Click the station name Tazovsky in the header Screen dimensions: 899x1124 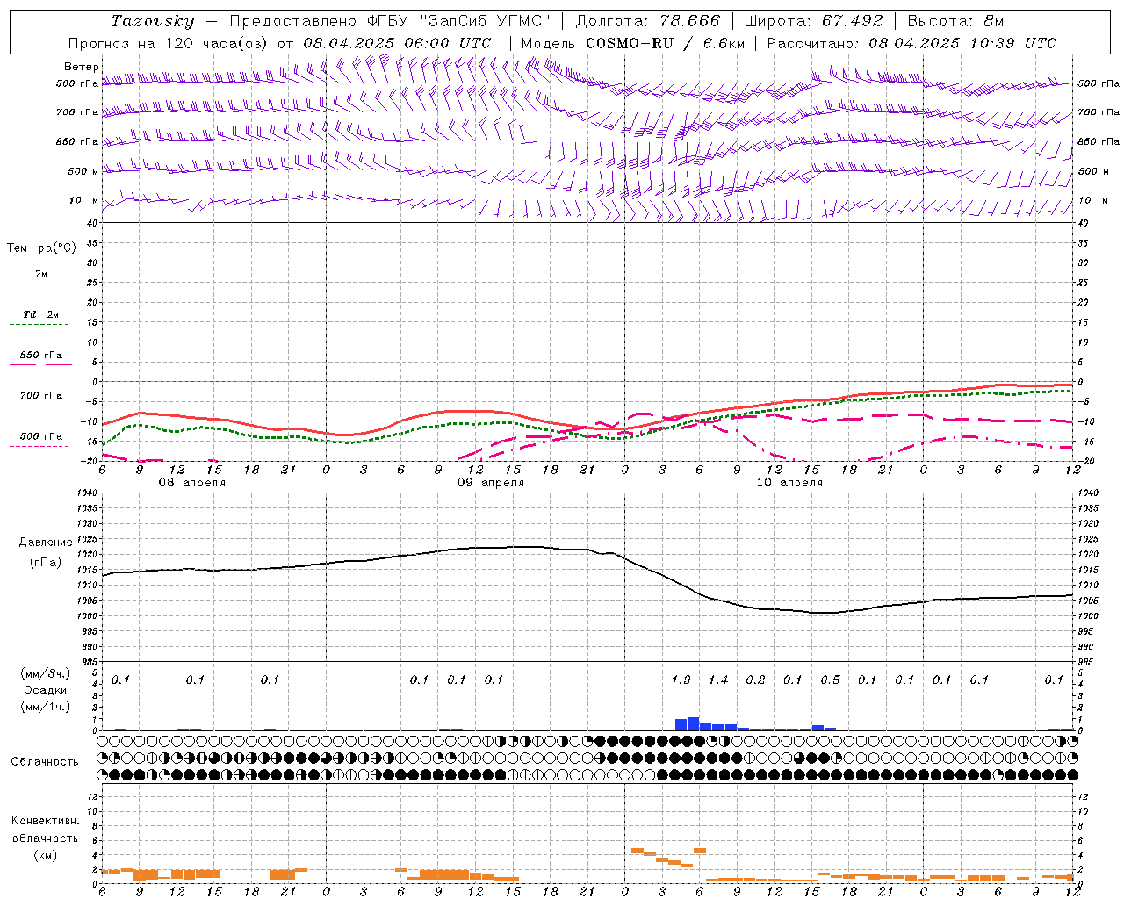click(153, 21)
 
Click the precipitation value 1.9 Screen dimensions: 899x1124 click(681, 680)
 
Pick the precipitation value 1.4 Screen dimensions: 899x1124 click(718, 680)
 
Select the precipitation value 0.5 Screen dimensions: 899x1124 click(830, 680)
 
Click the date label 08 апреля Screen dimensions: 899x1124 click(191, 483)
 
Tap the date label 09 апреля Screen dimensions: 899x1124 click(490, 483)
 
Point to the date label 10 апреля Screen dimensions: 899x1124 click(789, 483)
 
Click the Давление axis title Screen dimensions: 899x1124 click(46, 543)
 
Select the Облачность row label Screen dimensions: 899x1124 click(45, 762)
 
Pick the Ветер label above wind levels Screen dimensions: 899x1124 click(82, 67)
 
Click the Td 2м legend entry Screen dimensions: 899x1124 click(40, 314)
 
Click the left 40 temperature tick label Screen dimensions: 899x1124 click(91, 224)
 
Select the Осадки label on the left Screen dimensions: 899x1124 click(46, 690)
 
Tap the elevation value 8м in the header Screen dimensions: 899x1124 click(993, 21)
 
